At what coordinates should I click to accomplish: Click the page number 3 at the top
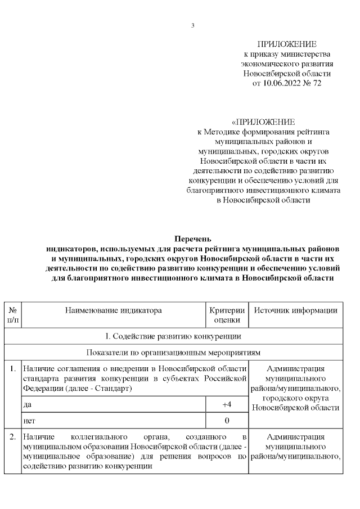192,25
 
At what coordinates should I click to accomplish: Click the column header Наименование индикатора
113,310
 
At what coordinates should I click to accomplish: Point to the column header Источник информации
295,310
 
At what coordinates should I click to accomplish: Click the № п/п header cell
12,315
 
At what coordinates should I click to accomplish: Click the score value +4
227,404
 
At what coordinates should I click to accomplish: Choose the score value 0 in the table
227,420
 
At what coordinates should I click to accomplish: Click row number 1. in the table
12,369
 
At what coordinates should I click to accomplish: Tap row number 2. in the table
12,436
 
